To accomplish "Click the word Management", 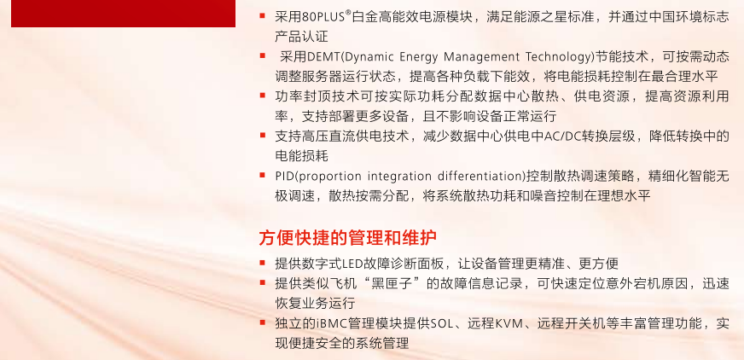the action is point(480,58).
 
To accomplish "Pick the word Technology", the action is point(559,58).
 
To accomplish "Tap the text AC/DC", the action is point(563,136).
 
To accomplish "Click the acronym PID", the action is point(285,176).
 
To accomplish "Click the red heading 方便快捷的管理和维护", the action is point(348,238).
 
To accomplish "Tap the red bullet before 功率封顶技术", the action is point(263,96).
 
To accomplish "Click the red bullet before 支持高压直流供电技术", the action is point(263,136).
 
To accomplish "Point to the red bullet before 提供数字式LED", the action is point(263,262).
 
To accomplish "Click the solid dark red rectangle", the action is point(123,14).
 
